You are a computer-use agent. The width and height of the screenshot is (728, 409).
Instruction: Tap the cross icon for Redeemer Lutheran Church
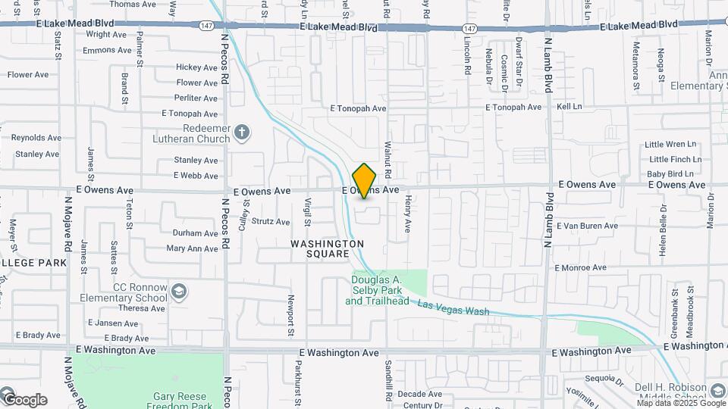point(242,133)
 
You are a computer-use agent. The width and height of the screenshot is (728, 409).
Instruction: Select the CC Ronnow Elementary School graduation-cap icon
point(178,292)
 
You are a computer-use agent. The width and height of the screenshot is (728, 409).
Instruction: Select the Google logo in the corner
point(24,399)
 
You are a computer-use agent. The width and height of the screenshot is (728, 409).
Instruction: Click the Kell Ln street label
point(569,107)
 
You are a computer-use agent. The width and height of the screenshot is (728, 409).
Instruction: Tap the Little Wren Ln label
point(670,144)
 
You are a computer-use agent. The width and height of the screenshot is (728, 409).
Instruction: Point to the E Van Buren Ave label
point(588,226)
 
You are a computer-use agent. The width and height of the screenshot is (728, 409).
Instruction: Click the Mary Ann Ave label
point(192,248)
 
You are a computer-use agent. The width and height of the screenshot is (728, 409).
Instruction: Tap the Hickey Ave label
point(196,67)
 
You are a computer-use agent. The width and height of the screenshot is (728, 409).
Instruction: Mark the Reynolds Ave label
point(35,138)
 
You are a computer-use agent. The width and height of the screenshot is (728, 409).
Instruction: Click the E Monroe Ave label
point(581,267)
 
